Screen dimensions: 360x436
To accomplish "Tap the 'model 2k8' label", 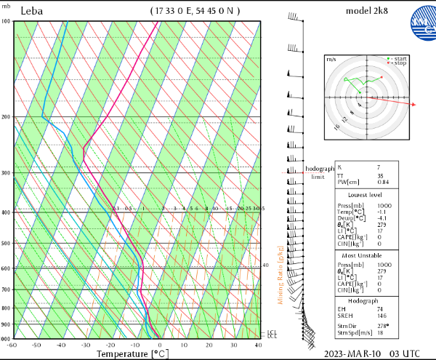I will point(364,11).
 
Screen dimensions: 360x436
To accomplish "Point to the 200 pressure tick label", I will point(6,117).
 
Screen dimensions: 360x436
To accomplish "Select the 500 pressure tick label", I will point(6,243).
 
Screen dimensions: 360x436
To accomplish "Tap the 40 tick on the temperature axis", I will point(259,345).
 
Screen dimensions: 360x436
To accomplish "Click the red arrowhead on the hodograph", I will point(413,105).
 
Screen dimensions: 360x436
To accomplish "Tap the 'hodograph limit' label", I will point(318,172).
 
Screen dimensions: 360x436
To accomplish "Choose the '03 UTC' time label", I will point(405,353).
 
